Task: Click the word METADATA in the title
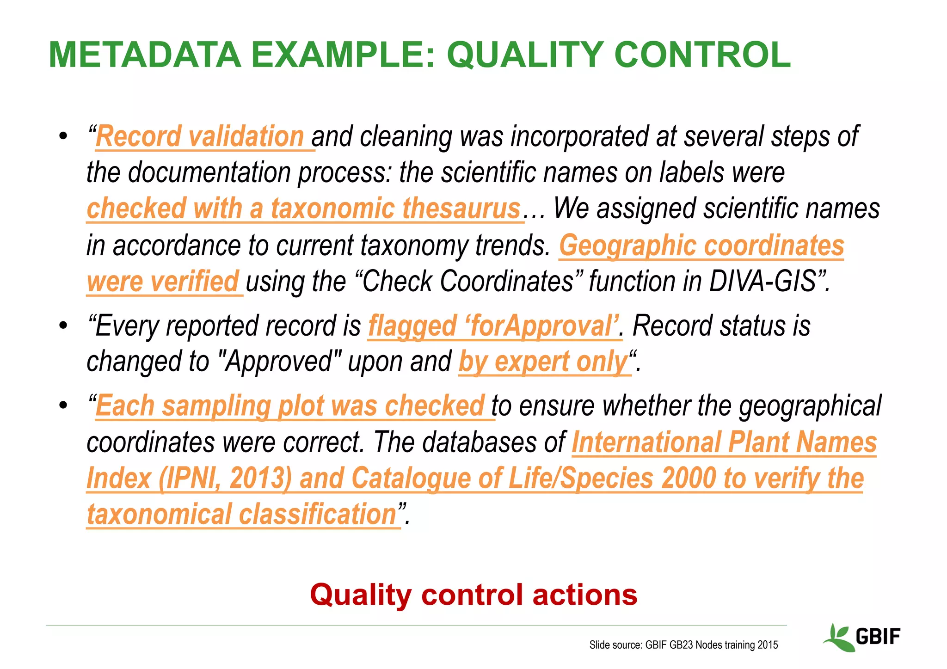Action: (145, 55)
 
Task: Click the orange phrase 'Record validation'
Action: (200, 137)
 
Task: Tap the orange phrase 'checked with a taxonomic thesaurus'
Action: (304, 209)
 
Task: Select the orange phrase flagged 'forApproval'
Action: (494, 326)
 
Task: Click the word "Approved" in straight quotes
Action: (279, 362)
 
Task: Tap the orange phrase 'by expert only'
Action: (543, 362)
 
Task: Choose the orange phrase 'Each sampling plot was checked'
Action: (290, 406)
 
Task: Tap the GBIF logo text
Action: (878, 637)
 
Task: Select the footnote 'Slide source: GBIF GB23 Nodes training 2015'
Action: (683, 645)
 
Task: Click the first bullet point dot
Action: (63, 137)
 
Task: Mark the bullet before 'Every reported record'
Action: (63, 326)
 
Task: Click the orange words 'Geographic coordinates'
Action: (701, 246)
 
